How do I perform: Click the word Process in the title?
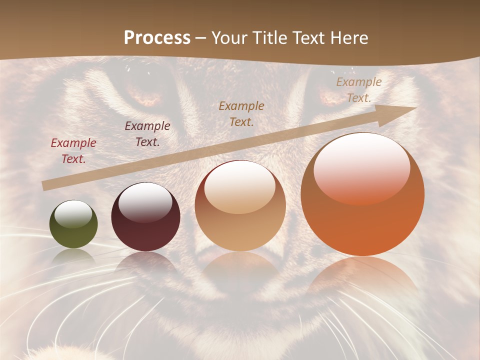pos(157,37)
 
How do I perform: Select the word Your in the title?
pos(228,37)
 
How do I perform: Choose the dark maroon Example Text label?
pos(147,134)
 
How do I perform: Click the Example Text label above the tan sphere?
pos(241,113)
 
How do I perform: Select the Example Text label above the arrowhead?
pos(358,90)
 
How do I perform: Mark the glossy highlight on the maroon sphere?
pos(145,202)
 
